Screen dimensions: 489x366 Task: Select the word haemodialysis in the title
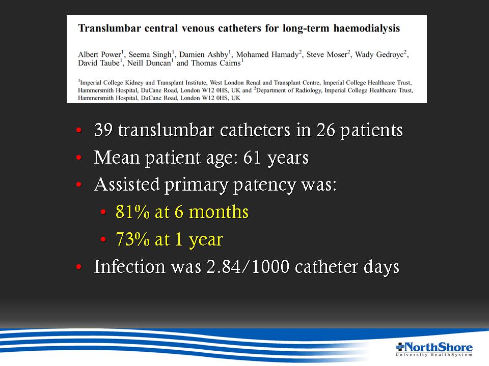366,28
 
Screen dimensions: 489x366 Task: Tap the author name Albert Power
99,54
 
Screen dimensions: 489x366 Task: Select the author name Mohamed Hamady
267,54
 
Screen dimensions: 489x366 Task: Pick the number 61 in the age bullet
252,157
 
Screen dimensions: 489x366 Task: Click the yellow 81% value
132,212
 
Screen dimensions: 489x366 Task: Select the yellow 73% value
132,239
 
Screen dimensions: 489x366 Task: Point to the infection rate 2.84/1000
248,267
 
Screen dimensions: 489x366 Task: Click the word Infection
129,267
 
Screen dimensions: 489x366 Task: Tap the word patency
264,185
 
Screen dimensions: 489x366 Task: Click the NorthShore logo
434,349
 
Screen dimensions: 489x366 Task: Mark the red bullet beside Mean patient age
79,158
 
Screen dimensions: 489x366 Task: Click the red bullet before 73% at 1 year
103,239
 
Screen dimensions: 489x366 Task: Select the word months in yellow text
219,212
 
